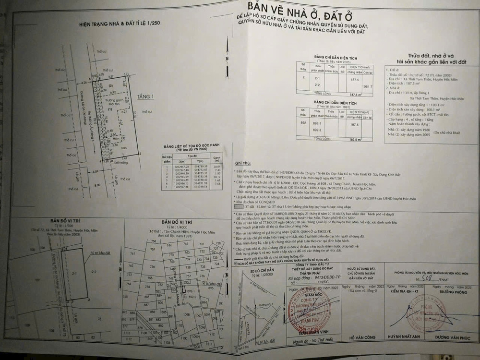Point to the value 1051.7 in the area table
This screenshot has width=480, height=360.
click(366, 87)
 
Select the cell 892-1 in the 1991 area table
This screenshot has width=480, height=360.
click(315, 123)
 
